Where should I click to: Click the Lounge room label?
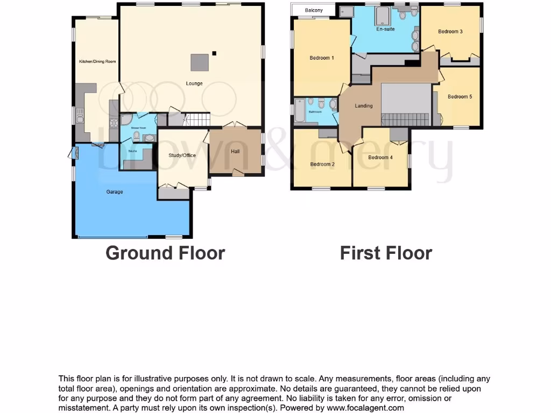(x=194, y=83)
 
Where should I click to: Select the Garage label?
(x=114, y=192)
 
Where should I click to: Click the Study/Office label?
(x=182, y=155)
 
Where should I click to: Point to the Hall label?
(x=235, y=152)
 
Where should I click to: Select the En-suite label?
(x=385, y=29)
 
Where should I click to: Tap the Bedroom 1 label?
(x=322, y=58)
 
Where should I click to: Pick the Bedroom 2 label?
(x=322, y=165)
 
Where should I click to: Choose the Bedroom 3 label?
(x=450, y=32)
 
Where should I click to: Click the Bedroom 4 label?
(x=380, y=158)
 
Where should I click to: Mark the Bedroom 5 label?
(x=460, y=97)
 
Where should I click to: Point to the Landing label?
(x=364, y=106)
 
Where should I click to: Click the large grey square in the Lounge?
(x=199, y=62)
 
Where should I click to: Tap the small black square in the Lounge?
(x=214, y=53)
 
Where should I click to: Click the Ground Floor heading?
(x=165, y=253)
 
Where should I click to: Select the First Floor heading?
(x=386, y=253)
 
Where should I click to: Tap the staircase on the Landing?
(x=406, y=119)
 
